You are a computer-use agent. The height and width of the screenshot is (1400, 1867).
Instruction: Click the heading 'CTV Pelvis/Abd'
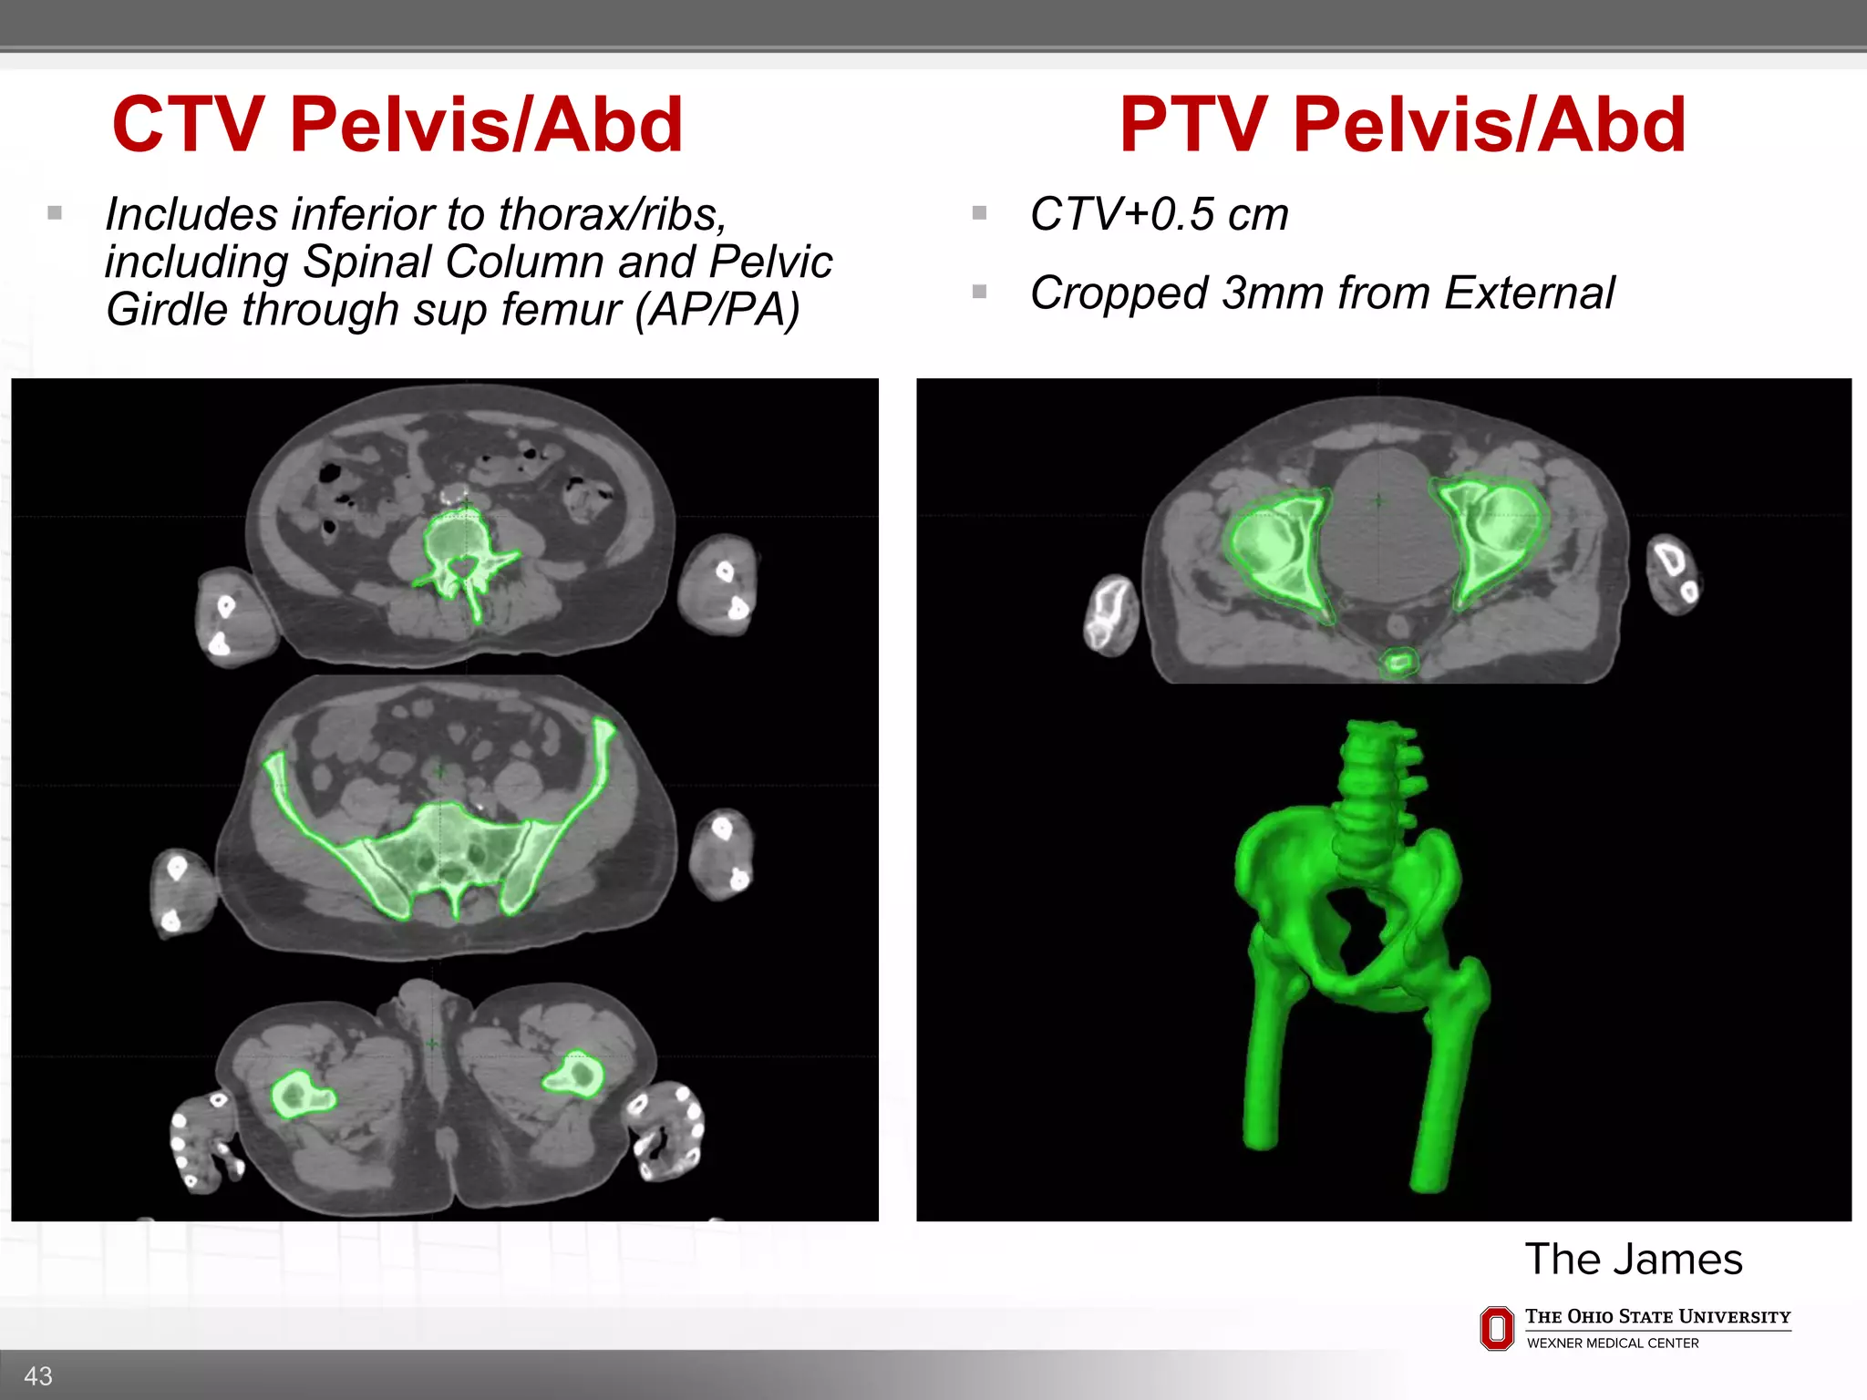click(x=397, y=125)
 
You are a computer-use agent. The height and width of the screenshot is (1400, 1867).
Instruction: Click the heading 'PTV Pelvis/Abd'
click(x=1402, y=125)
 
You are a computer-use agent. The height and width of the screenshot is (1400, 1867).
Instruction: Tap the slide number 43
click(x=38, y=1375)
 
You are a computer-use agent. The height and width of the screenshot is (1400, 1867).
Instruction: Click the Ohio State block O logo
click(x=1496, y=1328)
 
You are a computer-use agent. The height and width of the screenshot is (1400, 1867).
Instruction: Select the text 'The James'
click(x=1633, y=1260)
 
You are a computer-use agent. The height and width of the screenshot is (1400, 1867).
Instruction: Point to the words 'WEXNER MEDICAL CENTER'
click(x=1612, y=1343)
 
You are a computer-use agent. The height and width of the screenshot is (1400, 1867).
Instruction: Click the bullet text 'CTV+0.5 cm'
click(x=1159, y=215)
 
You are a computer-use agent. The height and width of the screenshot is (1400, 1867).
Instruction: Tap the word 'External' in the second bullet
click(x=1530, y=293)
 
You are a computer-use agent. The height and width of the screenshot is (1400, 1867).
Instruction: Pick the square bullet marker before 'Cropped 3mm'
click(x=980, y=293)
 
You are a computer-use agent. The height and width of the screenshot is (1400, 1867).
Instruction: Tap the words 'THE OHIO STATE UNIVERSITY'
click(x=1657, y=1317)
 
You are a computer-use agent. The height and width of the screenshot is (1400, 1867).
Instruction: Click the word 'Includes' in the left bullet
click(x=191, y=215)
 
